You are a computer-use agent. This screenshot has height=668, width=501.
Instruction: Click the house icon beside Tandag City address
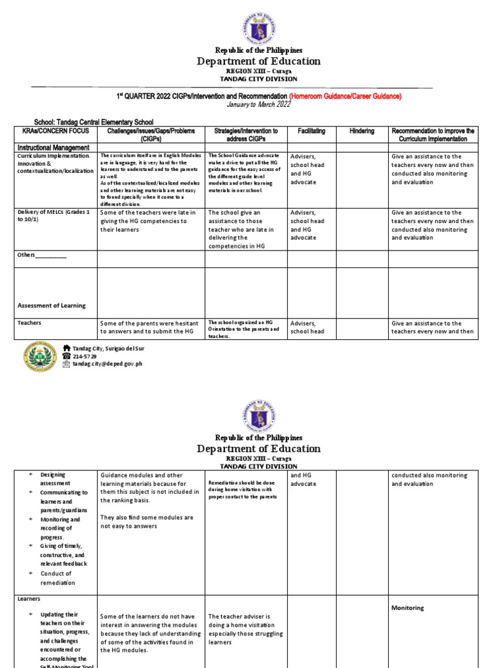(66, 349)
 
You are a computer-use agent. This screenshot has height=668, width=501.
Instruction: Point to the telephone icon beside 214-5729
(66, 357)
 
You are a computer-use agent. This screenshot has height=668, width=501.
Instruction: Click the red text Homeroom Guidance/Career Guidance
(345, 96)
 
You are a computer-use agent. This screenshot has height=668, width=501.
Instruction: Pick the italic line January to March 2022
(258, 104)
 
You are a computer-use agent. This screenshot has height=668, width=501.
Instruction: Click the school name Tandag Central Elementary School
(94, 122)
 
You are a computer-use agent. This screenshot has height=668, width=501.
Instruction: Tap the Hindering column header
(361, 131)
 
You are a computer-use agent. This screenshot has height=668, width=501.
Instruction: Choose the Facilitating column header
(311, 131)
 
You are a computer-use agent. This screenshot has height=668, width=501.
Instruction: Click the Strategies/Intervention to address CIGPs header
(245, 135)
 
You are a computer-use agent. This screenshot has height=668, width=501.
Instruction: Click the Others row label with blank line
(42, 255)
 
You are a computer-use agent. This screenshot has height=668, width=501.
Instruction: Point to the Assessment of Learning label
(52, 305)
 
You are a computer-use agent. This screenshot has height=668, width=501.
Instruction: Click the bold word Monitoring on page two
(408, 608)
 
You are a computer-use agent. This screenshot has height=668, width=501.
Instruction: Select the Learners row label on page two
(29, 598)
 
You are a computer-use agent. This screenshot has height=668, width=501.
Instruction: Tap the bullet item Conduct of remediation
(57, 578)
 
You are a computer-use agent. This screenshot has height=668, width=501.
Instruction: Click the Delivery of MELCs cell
(55, 217)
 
